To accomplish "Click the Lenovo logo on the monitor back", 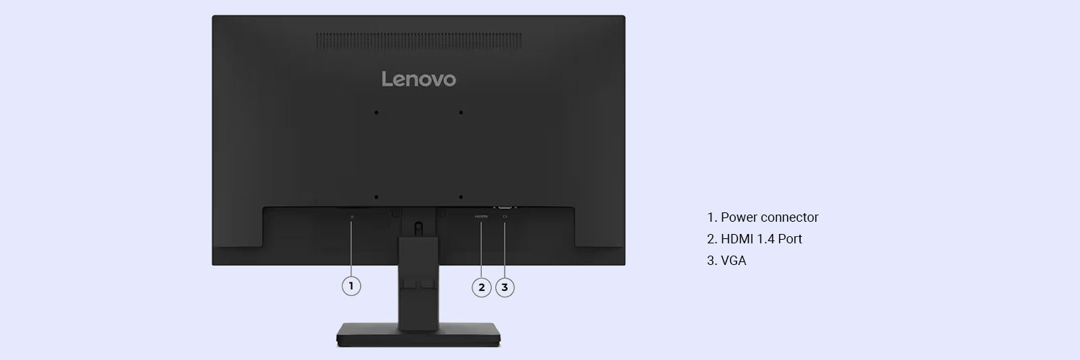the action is (x=418, y=79).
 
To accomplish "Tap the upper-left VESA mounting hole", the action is (x=376, y=113).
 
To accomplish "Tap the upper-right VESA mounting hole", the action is (x=461, y=113).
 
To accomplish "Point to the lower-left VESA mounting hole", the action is (x=376, y=197).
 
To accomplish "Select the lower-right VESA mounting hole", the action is (x=461, y=197).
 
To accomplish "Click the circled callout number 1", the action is (x=351, y=286).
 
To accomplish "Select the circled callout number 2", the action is (x=481, y=287).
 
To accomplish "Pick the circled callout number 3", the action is (x=505, y=287).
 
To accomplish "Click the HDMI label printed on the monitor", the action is (x=481, y=217).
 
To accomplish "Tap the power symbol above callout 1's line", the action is (x=351, y=217).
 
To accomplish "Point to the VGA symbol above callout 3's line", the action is (x=505, y=217).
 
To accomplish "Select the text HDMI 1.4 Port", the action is (x=761, y=239).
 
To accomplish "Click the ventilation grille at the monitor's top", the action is (x=418, y=40).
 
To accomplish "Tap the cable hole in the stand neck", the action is (x=418, y=228).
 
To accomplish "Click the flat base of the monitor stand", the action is (x=418, y=335).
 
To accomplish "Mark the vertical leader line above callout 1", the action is (x=351, y=248).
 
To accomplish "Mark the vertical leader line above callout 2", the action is (x=481, y=248).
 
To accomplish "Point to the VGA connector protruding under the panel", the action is (x=505, y=206).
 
